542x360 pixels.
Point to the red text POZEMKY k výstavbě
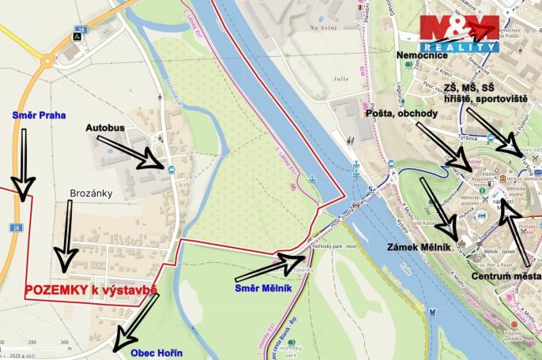[x=91, y=290]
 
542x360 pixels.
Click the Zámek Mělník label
[x=418, y=247]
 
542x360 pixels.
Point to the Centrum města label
[x=506, y=276]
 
